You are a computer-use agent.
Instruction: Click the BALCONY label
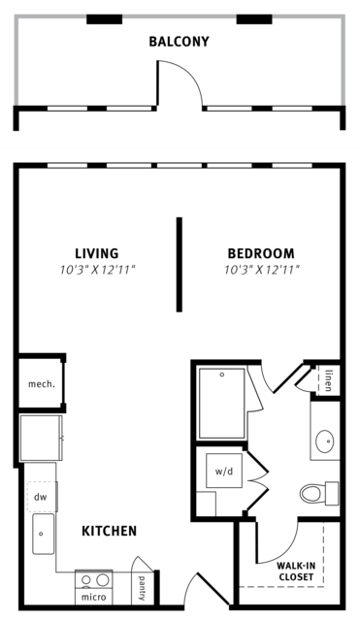click(x=179, y=42)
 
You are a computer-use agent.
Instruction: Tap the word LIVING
click(x=97, y=253)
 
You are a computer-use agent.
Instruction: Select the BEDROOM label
click(x=261, y=253)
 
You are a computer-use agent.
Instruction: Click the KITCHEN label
click(x=110, y=531)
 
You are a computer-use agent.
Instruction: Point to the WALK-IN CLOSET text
click(x=296, y=571)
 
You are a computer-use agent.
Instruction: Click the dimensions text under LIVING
click(x=98, y=271)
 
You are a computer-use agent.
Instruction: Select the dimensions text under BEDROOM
click(x=262, y=271)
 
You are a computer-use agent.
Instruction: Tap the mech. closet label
click(x=41, y=384)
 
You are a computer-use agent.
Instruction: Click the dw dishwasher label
click(x=41, y=497)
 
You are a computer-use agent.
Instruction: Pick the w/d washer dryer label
click(x=224, y=472)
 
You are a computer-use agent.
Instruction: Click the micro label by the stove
click(x=93, y=597)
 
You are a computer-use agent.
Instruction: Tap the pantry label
click(x=142, y=588)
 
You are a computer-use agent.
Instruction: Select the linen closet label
click(x=328, y=380)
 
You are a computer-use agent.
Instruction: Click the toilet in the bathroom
click(x=319, y=494)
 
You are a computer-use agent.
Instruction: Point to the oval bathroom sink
click(x=325, y=441)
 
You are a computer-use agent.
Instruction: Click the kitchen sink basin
click(x=44, y=534)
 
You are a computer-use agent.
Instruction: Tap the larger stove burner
click(x=103, y=580)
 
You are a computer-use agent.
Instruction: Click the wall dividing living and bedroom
click(x=180, y=265)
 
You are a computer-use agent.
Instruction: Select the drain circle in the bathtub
click(x=222, y=375)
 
